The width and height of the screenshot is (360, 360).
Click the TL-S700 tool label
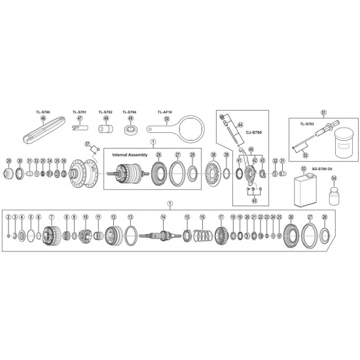click(43, 112)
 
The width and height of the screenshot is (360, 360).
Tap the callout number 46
click(43, 118)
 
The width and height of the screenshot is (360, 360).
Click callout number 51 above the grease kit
click(323, 112)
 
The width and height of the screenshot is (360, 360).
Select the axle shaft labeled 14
click(164, 234)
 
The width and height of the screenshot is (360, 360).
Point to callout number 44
click(240, 124)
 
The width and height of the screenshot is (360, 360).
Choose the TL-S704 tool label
click(130, 112)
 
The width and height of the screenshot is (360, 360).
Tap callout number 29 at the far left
click(9, 160)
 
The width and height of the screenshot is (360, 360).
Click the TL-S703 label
click(307, 123)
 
